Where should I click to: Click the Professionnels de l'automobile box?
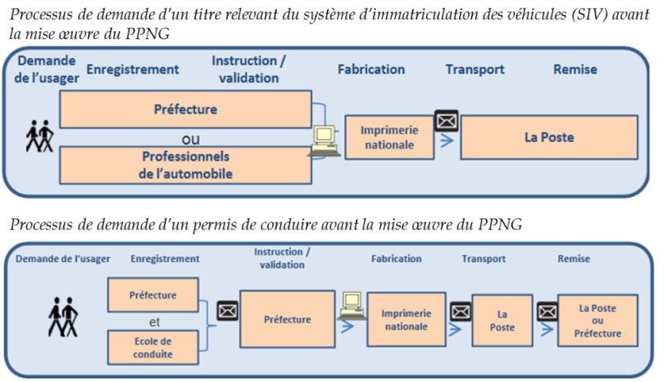pyautogui.click(x=186, y=165)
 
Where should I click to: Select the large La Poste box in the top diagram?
pyautogui.click(x=549, y=138)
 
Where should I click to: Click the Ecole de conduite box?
pyautogui.click(x=154, y=347)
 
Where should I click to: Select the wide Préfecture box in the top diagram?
pyautogui.click(x=186, y=109)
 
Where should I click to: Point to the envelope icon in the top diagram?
pyautogui.click(x=446, y=121)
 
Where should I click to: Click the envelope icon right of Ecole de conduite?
pyautogui.click(x=227, y=311)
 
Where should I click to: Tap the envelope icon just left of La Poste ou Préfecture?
pyautogui.click(x=547, y=311)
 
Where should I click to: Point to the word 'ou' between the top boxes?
pyautogui.click(x=185, y=139)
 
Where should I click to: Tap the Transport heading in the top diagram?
pyautogui.click(x=474, y=69)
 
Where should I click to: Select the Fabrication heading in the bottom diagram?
pyautogui.click(x=396, y=259)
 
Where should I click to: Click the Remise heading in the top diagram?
pyautogui.click(x=575, y=69)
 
